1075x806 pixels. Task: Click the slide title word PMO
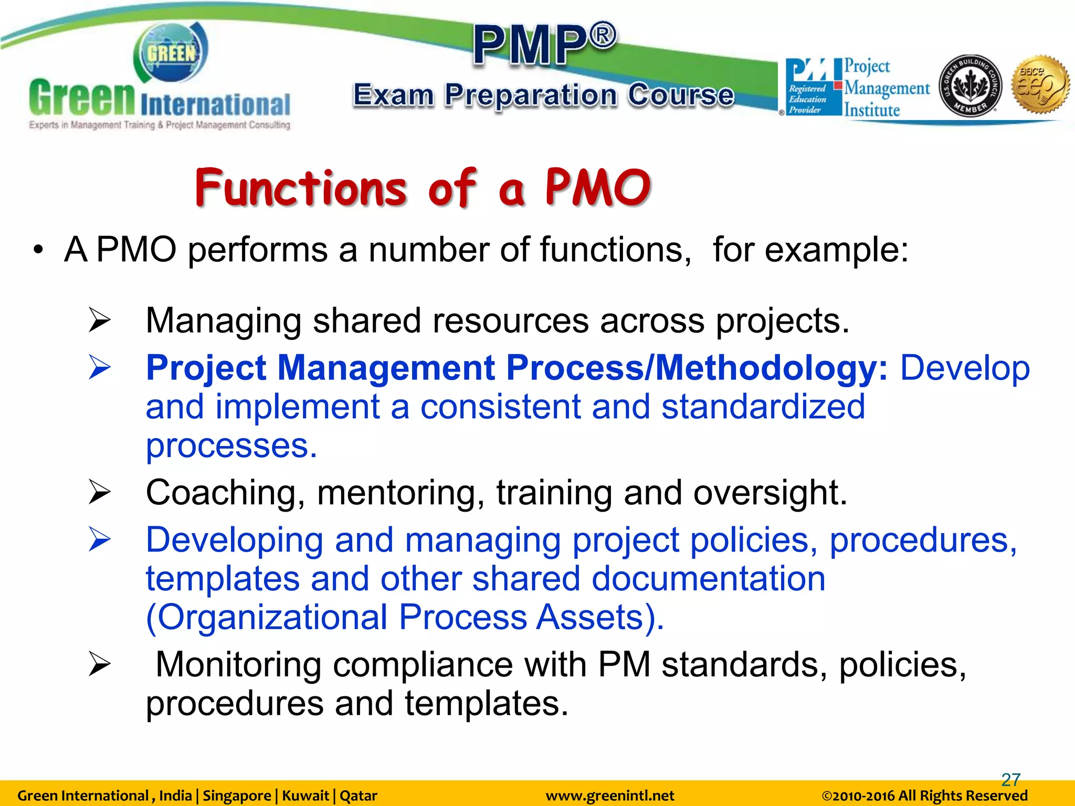point(598,188)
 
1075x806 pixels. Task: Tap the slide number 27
point(1010,779)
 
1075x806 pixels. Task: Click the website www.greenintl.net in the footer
point(609,796)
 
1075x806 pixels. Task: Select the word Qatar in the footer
point(359,796)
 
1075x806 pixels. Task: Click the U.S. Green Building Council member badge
point(969,86)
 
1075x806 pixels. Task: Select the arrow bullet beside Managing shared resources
point(99,320)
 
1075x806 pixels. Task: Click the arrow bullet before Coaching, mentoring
point(99,492)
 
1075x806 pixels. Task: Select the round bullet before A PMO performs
point(37,250)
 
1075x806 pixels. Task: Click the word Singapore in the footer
point(237,796)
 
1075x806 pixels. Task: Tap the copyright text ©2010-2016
point(859,796)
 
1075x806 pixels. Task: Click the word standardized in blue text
point(763,407)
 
